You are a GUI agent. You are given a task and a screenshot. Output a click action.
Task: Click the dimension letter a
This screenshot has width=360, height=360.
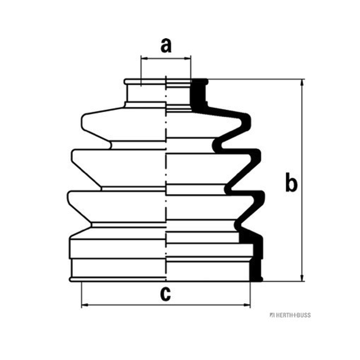[166, 45]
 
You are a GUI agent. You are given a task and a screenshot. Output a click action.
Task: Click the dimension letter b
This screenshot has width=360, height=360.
[291, 182]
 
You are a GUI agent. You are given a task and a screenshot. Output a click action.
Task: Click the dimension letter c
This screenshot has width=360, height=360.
[166, 294]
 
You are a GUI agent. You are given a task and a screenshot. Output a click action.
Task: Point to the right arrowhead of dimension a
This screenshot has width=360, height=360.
[187, 58]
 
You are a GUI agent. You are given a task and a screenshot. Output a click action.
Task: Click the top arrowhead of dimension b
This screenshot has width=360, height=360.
[302, 83]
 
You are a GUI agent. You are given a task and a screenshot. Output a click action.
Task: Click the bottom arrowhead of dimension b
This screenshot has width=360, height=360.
[302, 277]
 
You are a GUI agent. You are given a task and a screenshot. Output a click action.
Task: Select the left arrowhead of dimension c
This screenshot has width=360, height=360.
[85, 305]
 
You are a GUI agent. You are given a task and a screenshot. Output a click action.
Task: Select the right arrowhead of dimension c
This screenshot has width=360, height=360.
[247, 305]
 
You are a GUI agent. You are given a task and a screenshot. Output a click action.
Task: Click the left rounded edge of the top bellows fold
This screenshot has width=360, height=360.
[82, 121]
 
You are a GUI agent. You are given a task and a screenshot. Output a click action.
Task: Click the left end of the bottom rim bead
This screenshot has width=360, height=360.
[70, 279]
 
